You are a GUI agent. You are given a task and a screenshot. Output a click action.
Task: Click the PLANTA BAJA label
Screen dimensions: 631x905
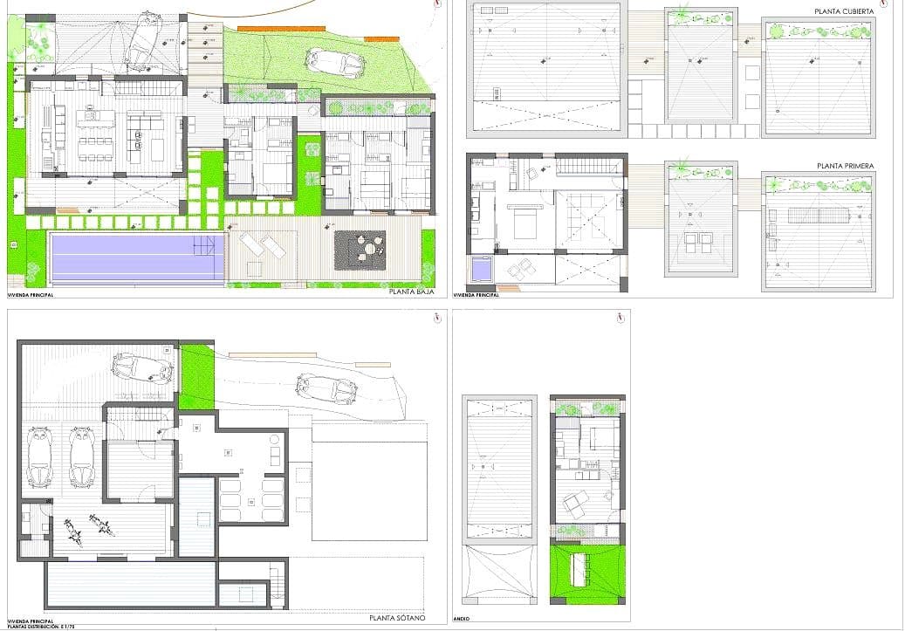412,293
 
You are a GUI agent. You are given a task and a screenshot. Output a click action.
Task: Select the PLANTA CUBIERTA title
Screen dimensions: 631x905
843,10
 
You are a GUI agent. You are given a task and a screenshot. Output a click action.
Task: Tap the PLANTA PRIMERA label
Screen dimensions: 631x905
845,166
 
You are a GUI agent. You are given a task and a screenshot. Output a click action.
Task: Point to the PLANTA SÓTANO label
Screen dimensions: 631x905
397,618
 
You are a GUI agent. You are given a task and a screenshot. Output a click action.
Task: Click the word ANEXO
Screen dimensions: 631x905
463,619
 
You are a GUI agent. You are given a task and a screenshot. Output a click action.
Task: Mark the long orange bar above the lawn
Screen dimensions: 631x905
275,29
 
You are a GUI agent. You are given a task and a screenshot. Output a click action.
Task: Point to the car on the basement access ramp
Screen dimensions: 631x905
327,388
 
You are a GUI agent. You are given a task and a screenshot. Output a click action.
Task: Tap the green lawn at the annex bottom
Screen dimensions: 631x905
586,572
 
